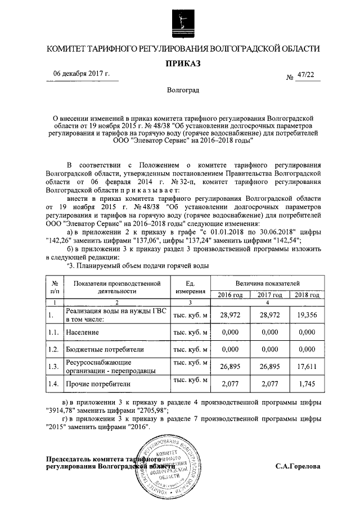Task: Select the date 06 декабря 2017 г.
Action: (x=82, y=74)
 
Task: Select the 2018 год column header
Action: (x=307, y=295)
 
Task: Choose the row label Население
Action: (x=84, y=332)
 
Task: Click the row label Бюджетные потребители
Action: (x=105, y=349)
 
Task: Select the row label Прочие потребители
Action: (x=98, y=385)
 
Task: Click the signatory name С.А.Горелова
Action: (x=298, y=467)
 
